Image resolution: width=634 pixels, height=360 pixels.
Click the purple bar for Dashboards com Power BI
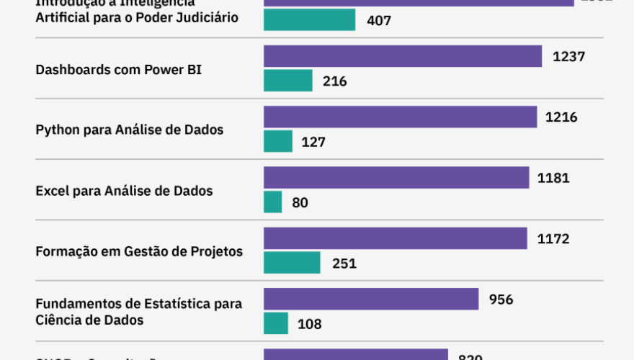coord(403,56)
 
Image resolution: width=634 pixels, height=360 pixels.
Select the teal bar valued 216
coord(288,81)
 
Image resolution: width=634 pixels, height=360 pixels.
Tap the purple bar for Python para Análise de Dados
coord(401,117)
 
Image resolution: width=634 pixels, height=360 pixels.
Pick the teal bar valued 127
coord(278,141)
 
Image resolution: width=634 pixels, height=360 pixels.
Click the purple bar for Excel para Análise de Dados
coord(396,178)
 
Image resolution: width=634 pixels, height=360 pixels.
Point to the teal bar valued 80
coord(273,202)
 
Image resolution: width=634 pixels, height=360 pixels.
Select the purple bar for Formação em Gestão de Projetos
coord(396,238)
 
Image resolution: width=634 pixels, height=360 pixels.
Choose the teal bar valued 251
coord(292,263)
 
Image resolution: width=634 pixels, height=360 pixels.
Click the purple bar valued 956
coord(371,299)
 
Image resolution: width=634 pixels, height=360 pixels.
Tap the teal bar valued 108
coord(276,323)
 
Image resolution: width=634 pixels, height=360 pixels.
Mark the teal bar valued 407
coord(310,20)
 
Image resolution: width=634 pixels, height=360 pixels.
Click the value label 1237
coord(568,57)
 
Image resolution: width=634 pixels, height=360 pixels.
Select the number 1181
coord(553,178)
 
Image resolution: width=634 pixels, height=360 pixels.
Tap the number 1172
coord(553,238)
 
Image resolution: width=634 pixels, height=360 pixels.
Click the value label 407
coord(379,21)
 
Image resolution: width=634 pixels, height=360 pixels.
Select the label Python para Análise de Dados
coord(130,130)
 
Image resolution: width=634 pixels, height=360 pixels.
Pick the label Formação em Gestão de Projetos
coord(139,252)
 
